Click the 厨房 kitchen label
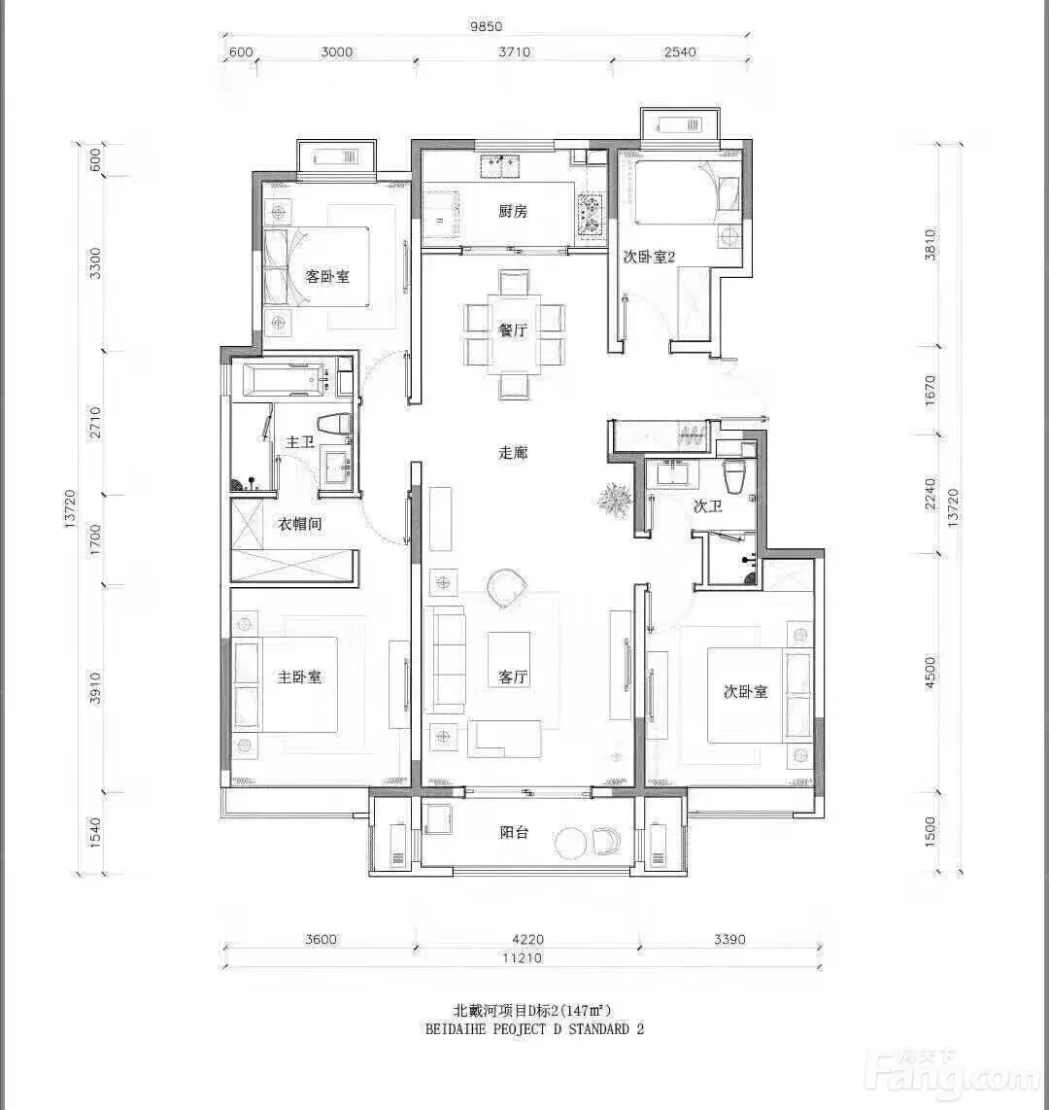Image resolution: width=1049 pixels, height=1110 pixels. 513,211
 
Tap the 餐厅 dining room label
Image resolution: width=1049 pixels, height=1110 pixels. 513,330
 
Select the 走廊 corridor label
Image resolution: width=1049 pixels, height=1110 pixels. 513,452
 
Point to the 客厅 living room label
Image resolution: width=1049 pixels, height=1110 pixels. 513,676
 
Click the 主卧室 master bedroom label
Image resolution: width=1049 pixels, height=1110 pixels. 299,676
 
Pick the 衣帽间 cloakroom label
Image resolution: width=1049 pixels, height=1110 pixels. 300,524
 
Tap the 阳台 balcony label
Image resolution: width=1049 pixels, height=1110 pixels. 514,832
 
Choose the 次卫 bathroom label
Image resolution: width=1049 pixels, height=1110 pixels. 707,505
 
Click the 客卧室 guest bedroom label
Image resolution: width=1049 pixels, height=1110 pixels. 327,276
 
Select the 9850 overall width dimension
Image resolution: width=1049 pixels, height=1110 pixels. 486,26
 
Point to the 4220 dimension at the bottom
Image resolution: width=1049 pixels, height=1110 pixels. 527,939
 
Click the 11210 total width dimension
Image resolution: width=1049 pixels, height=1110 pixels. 522,957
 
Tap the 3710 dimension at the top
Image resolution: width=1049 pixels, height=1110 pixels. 514,52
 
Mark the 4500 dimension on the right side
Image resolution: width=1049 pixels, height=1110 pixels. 931,673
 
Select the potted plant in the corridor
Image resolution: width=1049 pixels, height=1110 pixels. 614,499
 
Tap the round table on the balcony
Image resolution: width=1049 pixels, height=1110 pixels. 572,843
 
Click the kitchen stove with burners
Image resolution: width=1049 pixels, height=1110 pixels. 590,213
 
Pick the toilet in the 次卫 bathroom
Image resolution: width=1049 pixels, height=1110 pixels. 734,475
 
